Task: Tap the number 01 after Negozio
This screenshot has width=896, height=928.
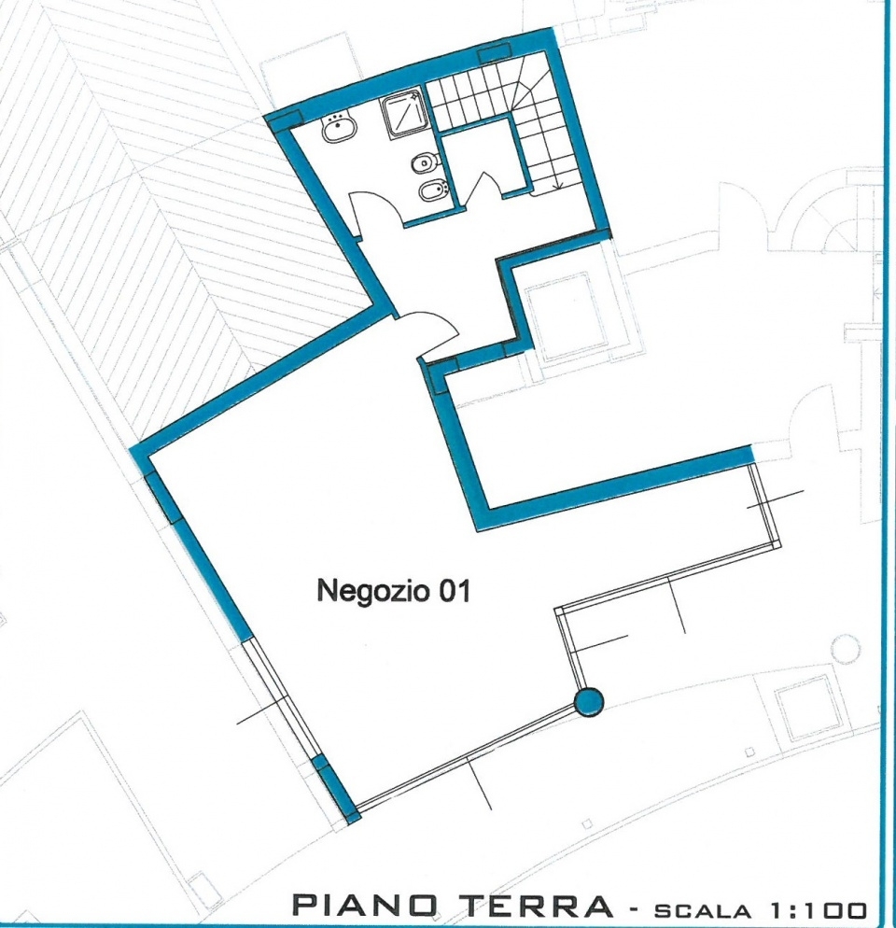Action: (x=454, y=590)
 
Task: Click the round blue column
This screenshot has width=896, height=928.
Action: (x=589, y=702)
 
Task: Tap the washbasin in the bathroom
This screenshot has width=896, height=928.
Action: (x=339, y=128)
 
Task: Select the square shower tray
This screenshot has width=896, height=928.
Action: (x=404, y=118)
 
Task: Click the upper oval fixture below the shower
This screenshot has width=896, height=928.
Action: (x=425, y=162)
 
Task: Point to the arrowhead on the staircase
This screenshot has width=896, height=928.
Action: (x=556, y=186)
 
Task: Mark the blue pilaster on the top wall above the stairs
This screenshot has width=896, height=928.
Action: (x=495, y=54)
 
